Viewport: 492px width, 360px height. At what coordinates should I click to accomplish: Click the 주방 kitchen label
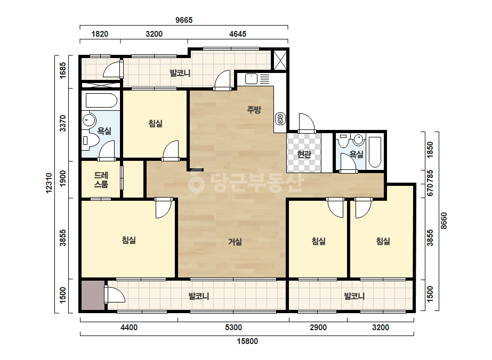coord(254,110)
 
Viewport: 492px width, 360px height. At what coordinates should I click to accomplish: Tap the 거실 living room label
coord(235,241)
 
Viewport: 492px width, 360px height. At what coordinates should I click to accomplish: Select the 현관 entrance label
coord(304,154)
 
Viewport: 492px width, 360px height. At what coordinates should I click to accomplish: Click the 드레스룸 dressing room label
coord(101,179)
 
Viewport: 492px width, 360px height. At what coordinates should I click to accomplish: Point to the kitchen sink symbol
coord(252,79)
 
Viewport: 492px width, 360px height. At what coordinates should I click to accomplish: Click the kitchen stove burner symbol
coord(280,119)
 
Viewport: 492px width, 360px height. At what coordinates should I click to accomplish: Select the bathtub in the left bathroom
coord(101,100)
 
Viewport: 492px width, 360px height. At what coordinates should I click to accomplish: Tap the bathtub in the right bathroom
coord(374,152)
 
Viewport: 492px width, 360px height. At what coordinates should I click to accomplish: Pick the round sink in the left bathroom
coord(90,120)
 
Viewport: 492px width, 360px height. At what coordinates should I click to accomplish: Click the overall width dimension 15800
coord(247,341)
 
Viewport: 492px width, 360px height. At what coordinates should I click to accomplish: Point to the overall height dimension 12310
coord(49,183)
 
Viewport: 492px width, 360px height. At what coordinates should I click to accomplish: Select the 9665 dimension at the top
coord(184,20)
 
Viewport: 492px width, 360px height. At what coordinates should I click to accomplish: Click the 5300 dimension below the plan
coord(233,328)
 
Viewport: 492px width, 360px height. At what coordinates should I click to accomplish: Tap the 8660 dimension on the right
coord(443,221)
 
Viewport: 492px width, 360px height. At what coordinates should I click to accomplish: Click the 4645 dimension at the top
coord(238,34)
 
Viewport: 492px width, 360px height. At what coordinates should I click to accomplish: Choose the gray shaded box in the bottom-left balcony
coord(93,296)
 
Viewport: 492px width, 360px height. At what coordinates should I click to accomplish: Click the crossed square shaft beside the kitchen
coord(280,60)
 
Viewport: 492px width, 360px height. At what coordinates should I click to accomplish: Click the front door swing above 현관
coord(307,123)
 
